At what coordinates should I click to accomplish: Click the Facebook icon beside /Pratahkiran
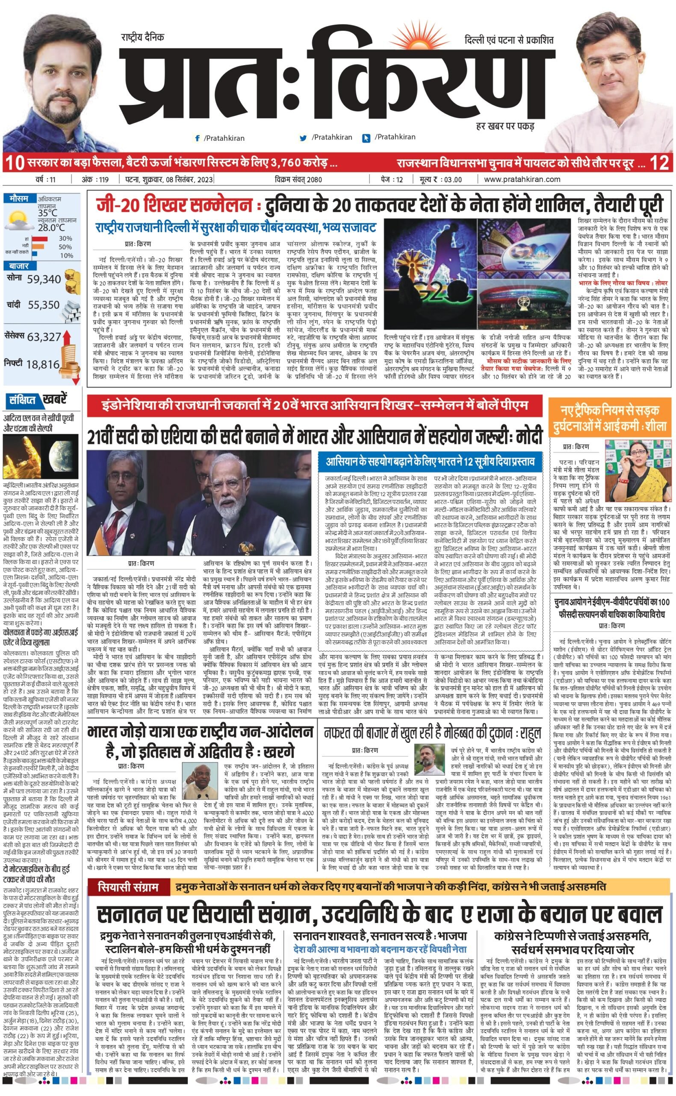tap(197, 138)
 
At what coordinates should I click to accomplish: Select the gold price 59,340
tap(44, 279)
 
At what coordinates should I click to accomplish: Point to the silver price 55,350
tap(43, 305)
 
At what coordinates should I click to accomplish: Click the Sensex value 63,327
tap(44, 337)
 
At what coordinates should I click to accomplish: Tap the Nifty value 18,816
tap(42, 364)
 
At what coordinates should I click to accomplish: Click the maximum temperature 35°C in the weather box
tap(47, 213)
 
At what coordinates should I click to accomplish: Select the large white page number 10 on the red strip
tap(15, 163)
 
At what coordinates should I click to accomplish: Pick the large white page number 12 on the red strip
tap(659, 163)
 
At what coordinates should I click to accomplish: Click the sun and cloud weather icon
tap(18, 220)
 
